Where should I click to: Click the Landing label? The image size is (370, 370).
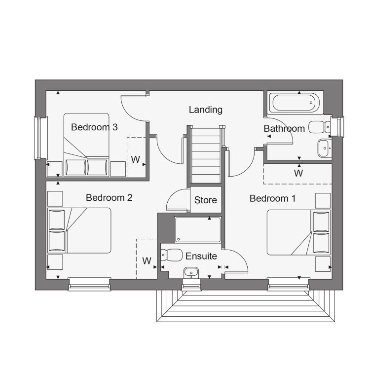pyautogui.click(x=206, y=110)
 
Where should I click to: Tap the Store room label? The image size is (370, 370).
pyautogui.click(x=206, y=200)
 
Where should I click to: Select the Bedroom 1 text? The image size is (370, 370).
pyautogui.click(x=272, y=198)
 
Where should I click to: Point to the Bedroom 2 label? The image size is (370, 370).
pyautogui.click(x=109, y=198)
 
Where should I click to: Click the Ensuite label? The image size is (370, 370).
pyautogui.click(x=201, y=256)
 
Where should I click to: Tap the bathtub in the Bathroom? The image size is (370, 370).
pyautogui.click(x=296, y=103)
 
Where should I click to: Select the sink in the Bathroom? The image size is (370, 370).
pyautogui.click(x=325, y=148)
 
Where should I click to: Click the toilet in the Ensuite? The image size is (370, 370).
pyautogui.click(x=172, y=255)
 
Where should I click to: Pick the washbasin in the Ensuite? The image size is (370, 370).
pyautogui.click(x=191, y=273)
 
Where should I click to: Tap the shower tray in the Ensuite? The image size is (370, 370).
pyautogui.click(x=198, y=230)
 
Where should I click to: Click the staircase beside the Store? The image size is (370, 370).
pyautogui.click(x=206, y=155)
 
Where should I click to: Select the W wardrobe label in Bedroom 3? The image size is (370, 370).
pyautogui.click(x=136, y=159)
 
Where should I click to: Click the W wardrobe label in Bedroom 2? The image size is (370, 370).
pyautogui.click(x=147, y=261)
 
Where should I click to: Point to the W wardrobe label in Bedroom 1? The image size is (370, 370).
pyautogui.click(x=298, y=174)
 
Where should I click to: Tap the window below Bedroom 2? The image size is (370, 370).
pyautogui.click(x=89, y=284)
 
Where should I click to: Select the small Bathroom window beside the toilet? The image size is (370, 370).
pyautogui.click(x=337, y=126)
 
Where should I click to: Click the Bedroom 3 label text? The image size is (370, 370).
pyautogui.click(x=94, y=127)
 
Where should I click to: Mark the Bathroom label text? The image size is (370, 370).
pyautogui.click(x=284, y=129)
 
